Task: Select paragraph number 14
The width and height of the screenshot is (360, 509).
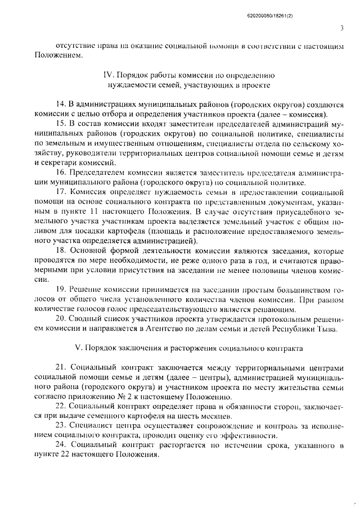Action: [61, 105]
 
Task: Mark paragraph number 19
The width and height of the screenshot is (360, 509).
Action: [61, 289]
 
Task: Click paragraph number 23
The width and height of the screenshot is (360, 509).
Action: [61, 427]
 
